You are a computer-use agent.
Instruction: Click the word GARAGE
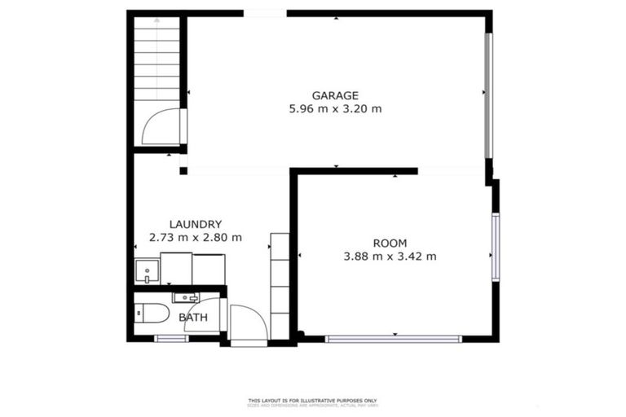click(x=335, y=95)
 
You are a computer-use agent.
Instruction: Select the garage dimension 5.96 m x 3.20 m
click(x=335, y=108)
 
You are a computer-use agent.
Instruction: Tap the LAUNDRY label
click(x=196, y=224)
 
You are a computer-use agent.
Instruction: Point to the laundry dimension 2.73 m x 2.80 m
click(x=196, y=238)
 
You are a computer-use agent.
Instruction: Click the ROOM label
click(x=390, y=243)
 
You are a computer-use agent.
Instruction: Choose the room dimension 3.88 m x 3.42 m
click(x=390, y=257)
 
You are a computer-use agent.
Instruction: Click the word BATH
click(x=193, y=317)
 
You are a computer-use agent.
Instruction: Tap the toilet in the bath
click(x=150, y=313)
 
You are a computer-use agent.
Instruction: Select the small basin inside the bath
click(x=185, y=297)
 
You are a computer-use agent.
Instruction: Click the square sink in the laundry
click(x=147, y=271)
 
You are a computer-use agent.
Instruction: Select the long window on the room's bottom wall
click(x=393, y=338)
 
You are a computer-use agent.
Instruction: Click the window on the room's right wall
click(x=495, y=247)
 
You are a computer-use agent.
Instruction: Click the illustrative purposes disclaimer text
click(x=313, y=401)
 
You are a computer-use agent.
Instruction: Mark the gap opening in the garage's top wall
click(x=265, y=13)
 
